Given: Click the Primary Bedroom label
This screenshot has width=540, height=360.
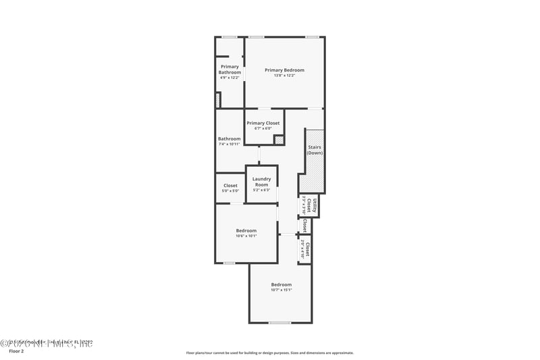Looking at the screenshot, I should [x=284, y=70].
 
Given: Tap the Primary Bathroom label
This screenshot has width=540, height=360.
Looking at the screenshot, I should [x=230, y=69].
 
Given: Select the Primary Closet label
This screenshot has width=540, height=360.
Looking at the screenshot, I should [x=263, y=123].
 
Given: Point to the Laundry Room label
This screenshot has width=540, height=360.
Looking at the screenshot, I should [x=261, y=182].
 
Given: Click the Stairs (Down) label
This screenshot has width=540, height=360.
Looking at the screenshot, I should [x=315, y=150].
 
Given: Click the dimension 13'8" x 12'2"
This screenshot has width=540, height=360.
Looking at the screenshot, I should [x=284, y=76].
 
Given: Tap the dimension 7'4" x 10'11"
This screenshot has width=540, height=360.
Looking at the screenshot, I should [x=229, y=144].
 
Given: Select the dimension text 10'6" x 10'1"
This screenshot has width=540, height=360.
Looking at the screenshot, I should [x=246, y=236].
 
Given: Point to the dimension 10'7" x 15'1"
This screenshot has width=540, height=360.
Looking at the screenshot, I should [x=281, y=290].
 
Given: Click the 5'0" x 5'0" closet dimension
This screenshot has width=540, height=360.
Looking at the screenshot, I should [x=230, y=191].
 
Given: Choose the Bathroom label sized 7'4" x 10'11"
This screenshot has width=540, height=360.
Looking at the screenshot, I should [x=229, y=138].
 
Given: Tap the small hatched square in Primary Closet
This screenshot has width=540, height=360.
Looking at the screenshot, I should [x=278, y=140].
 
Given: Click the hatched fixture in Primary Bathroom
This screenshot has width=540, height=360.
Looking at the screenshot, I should [x=217, y=100].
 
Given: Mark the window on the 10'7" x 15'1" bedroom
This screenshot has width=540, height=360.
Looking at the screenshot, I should [x=279, y=323].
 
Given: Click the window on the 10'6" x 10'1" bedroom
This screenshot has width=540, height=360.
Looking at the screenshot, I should [x=229, y=263].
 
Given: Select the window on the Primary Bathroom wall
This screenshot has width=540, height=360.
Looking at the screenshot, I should [x=230, y=36].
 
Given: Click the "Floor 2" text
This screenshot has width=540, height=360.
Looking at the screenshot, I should [x=16, y=352].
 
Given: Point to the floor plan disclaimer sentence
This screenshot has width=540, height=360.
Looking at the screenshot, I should [x=269, y=353].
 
